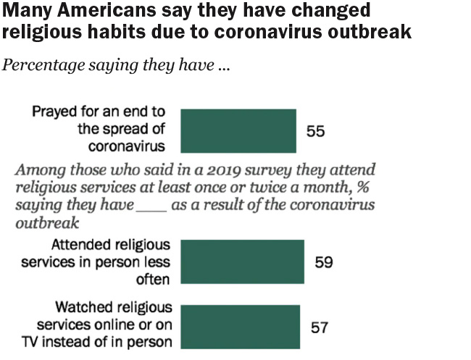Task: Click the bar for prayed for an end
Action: point(238,130)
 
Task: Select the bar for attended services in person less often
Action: point(242,261)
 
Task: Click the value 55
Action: point(315,131)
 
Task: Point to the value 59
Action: point(324,261)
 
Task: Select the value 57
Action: point(320,328)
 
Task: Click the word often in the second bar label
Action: point(153,279)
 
